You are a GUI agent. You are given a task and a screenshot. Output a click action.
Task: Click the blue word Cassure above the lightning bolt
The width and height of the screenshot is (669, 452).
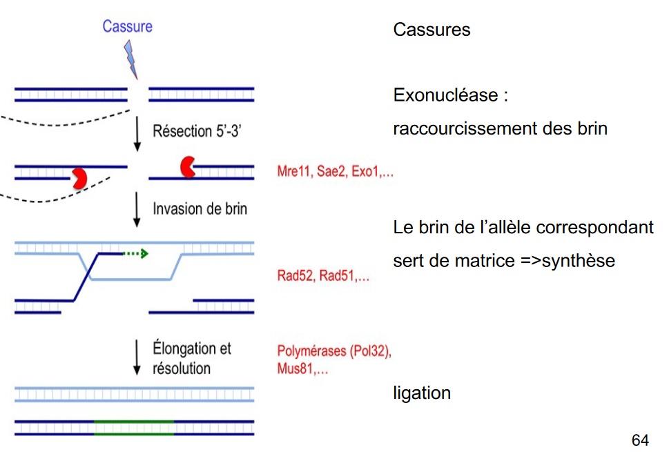coord(127,26)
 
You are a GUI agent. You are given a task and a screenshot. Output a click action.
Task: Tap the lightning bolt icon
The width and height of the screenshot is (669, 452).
coord(130,59)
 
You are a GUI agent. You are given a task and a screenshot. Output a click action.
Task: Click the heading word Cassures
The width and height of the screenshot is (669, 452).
coord(432,30)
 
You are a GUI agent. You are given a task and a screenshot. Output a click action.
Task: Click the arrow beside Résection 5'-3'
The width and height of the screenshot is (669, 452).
coord(137,132)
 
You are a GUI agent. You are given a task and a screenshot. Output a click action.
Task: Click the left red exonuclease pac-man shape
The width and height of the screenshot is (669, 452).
coord(79,177)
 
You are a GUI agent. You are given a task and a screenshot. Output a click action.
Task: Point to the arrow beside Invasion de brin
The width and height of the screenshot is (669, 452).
coord(137,209)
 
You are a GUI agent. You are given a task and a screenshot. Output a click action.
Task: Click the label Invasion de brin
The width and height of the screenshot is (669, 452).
coord(200,208)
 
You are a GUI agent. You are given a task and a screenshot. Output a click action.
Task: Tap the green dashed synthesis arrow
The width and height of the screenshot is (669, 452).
coord(135,253)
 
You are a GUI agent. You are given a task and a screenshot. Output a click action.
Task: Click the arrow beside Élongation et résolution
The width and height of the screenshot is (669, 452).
coord(137,357)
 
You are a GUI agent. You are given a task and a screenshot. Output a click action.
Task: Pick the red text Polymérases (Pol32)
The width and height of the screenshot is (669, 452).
coord(334,351)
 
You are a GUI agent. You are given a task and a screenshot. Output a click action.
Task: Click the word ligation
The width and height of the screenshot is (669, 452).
coord(422,393)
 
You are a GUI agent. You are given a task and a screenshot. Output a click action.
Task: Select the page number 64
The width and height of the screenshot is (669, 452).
coord(640,440)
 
